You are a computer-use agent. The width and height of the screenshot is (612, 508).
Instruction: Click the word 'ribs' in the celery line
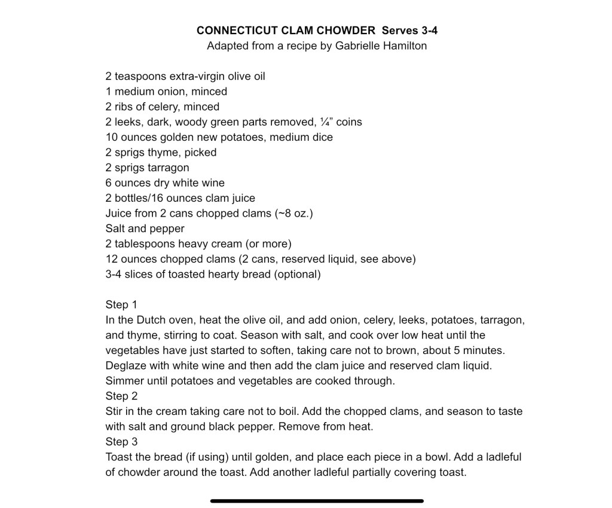(125, 107)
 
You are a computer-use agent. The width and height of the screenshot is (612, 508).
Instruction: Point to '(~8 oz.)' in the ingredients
(293, 213)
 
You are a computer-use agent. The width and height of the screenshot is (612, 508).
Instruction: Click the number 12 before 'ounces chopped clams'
(112, 259)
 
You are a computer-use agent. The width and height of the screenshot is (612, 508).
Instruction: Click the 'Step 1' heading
(121, 304)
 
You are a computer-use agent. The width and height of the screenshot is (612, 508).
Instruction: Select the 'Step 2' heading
(121, 396)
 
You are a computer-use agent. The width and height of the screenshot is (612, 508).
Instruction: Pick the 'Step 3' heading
(121, 442)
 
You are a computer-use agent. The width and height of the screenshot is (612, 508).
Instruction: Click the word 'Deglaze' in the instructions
(125, 365)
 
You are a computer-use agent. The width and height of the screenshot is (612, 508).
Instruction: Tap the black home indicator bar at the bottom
(317, 501)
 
